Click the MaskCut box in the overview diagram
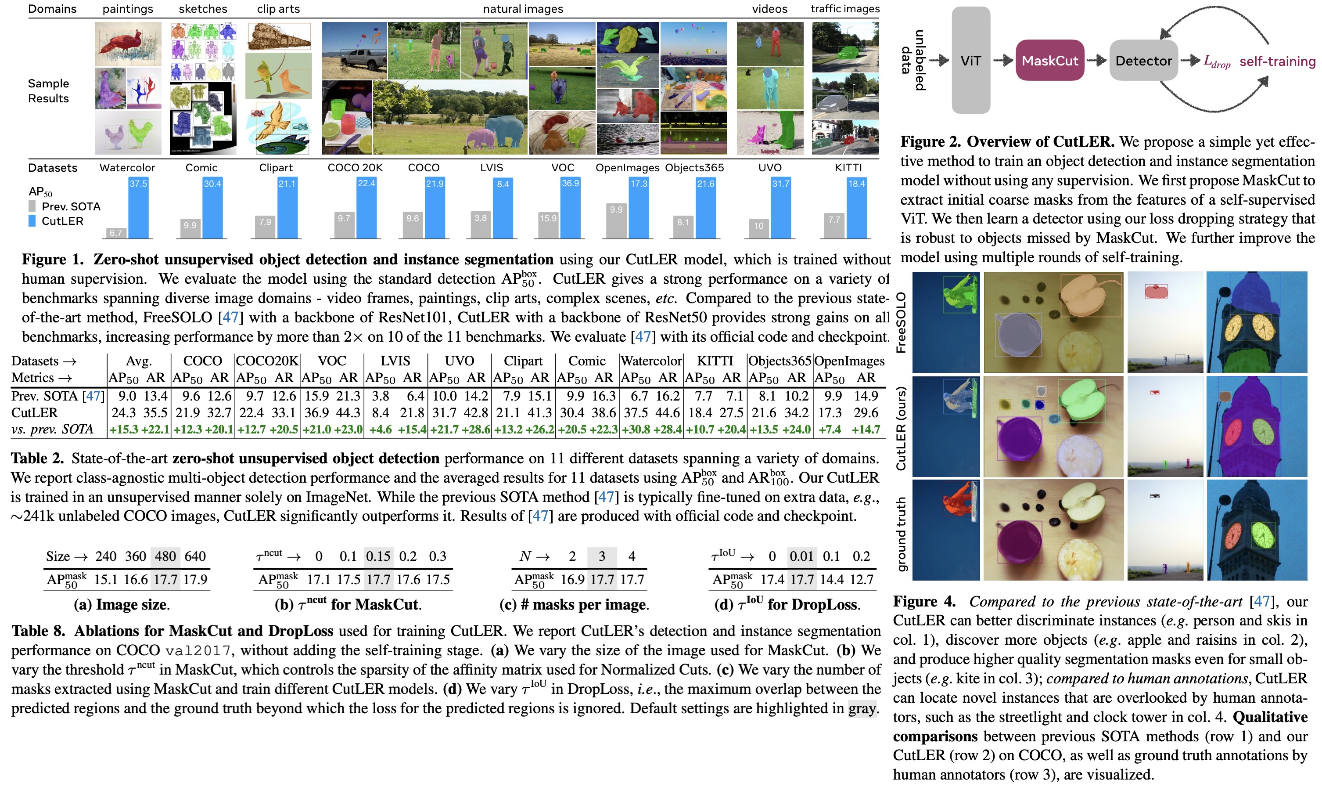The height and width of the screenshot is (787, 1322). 1049,61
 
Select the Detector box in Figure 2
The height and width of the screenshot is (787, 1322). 1143,61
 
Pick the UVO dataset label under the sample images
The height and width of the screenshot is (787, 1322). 769,168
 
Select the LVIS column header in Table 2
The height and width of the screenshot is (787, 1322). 395,361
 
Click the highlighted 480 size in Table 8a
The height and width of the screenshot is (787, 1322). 165,556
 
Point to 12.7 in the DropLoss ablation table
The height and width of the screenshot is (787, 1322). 862,579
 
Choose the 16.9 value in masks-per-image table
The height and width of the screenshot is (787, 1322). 572,579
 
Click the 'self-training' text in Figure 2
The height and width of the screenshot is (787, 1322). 1277,61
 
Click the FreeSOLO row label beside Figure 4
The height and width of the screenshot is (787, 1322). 901,322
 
